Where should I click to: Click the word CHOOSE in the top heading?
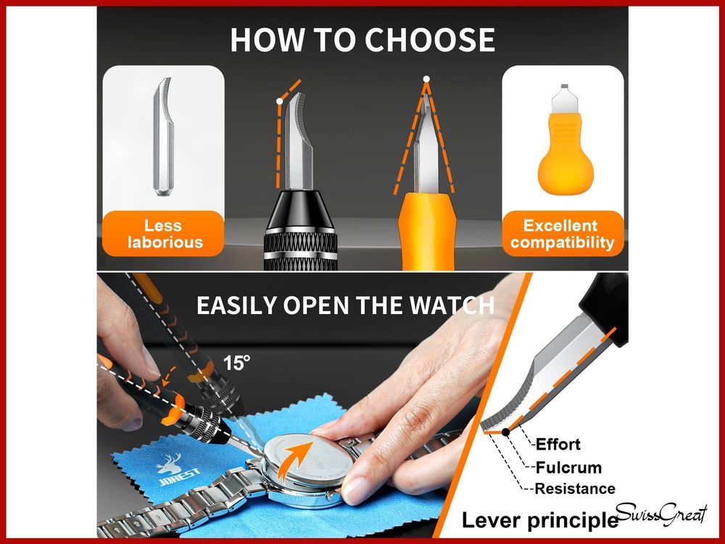pyautogui.click(x=430, y=40)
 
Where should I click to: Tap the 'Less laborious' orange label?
pyautogui.click(x=163, y=234)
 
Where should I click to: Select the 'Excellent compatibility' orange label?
pyautogui.click(x=563, y=234)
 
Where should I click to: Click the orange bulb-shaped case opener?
pyautogui.click(x=565, y=139)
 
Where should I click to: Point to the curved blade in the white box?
pyautogui.click(x=163, y=136)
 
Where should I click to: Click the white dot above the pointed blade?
pyautogui.click(x=426, y=79)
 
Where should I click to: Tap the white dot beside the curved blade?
pyautogui.click(x=279, y=101)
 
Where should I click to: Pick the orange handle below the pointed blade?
pyautogui.click(x=427, y=231)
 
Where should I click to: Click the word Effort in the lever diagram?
pyautogui.click(x=558, y=445)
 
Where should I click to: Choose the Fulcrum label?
pyautogui.click(x=568, y=468)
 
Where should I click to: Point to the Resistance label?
pyautogui.click(x=575, y=488)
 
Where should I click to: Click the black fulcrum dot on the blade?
pyautogui.click(x=506, y=432)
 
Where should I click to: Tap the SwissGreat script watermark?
pyautogui.click(x=661, y=514)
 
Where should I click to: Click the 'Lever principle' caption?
pyautogui.click(x=540, y=520)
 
